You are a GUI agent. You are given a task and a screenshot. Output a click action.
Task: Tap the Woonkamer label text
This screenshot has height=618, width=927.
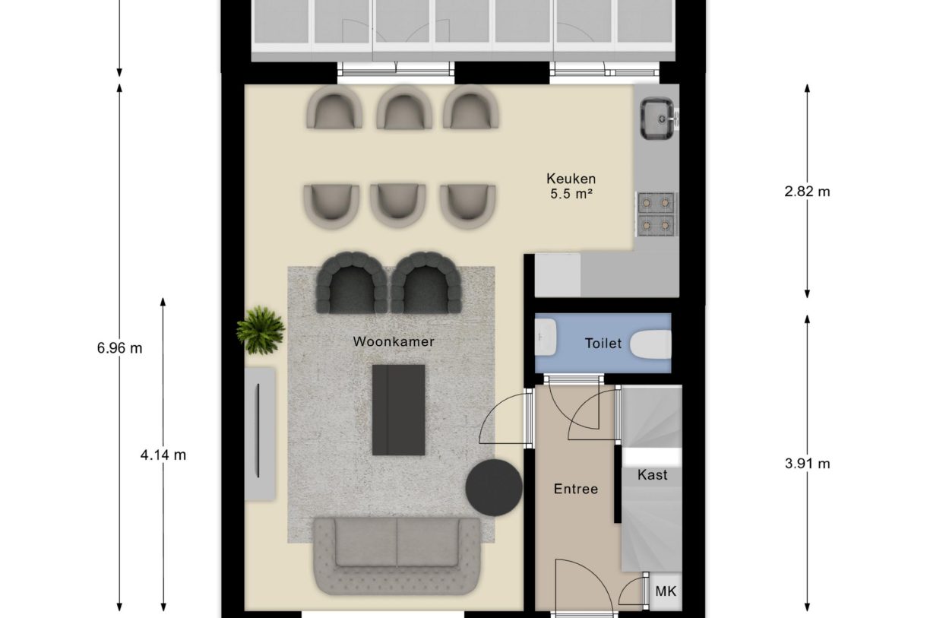(x=394, y=342)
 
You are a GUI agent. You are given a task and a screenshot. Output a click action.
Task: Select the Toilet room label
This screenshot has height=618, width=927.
(x=603, y=344)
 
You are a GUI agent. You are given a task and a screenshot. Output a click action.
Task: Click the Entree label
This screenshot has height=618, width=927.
(x=575, y=489)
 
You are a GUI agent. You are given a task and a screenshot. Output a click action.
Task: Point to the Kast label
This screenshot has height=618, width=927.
(x=652, y=475)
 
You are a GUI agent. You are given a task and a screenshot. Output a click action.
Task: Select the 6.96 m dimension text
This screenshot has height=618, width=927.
(x=119, y=348)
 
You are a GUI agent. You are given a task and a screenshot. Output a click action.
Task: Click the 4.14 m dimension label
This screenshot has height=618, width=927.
(x=163, y=455)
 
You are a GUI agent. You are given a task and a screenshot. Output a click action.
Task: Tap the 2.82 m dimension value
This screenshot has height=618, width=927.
(x=807, y=192)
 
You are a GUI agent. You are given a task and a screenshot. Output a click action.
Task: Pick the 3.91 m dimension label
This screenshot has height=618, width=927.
(x=807, y=463)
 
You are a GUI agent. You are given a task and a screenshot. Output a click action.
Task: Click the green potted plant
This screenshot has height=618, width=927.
(x=260, y=329)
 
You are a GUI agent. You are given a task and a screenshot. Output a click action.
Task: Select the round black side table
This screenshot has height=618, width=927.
(x=494, y=487)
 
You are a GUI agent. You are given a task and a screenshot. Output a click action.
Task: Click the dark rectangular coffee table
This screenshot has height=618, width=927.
(x=398, y=410)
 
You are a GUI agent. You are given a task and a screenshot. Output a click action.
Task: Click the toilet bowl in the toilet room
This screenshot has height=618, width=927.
(x=651, y=344)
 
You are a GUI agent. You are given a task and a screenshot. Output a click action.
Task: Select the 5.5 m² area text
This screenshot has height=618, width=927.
(x=570, y=195)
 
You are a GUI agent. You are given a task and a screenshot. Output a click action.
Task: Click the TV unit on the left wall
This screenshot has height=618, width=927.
(x=259, y=433)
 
